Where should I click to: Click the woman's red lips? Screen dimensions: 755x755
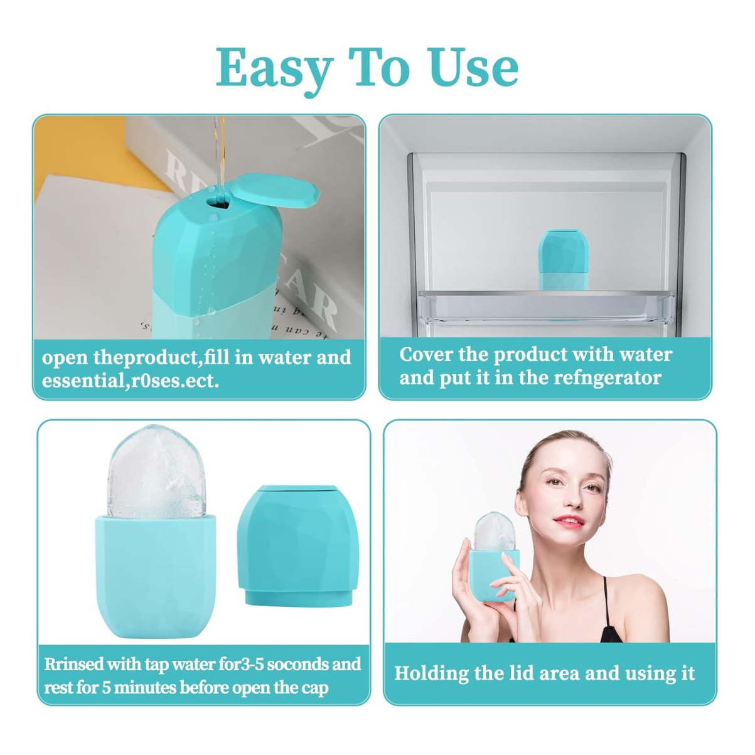[x=569, y=522]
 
